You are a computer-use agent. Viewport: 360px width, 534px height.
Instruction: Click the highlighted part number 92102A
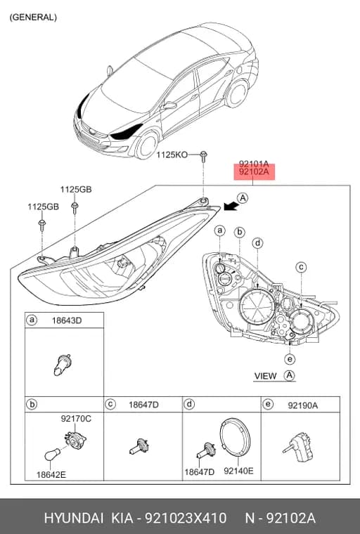(254, 172)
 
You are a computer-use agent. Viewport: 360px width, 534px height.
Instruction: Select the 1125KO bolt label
(172, 155)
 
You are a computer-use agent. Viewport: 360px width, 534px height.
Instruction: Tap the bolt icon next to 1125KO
(203, 156)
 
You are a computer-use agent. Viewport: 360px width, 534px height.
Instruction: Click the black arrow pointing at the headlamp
(231, 206)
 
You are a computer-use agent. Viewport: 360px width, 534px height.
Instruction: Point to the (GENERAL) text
(33, 18)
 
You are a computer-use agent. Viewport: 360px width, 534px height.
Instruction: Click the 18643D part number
(67, 320)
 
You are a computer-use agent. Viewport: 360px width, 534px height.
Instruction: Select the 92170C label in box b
(76, 419)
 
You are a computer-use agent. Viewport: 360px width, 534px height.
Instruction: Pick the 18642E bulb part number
(51, 474)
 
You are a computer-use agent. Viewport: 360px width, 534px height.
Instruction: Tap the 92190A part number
(303, 405)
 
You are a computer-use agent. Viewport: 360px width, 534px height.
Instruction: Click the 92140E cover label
(238, 471)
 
